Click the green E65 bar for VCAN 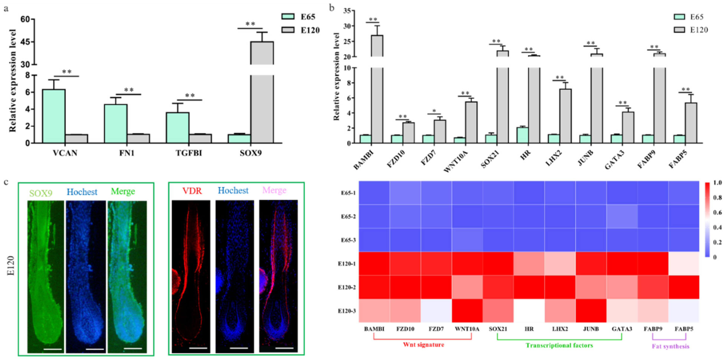point(54,116)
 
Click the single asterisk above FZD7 point(434,111)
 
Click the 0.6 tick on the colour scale point(717,212)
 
